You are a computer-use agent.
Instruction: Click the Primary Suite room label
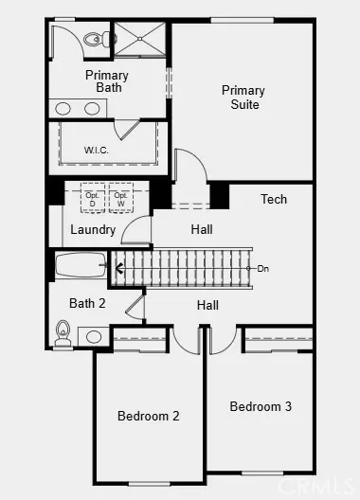(x=243, y=97)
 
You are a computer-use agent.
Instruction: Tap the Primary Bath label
(x=107, y=81)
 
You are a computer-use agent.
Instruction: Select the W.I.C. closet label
(x=97, y=149)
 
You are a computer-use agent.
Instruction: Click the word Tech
(x=274, y=199)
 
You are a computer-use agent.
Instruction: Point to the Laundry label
(x=93, y=229)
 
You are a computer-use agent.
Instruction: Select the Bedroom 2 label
(x=149, y=415)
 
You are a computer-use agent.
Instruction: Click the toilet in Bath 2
(x=63, y=331)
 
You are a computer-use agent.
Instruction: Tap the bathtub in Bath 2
(x=82, y=266)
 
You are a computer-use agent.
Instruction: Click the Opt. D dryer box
(x=93, y=198)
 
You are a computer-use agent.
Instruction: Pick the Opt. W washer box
(x=120, y=198)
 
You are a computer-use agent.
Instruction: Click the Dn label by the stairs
(x=263, y=268)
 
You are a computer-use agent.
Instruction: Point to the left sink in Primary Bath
(x=63, y=108)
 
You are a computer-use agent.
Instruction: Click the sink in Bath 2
(x=94, y=336)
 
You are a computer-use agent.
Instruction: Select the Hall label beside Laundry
(x=201, y=229)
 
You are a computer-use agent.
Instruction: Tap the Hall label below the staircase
(x=207, y=305)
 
